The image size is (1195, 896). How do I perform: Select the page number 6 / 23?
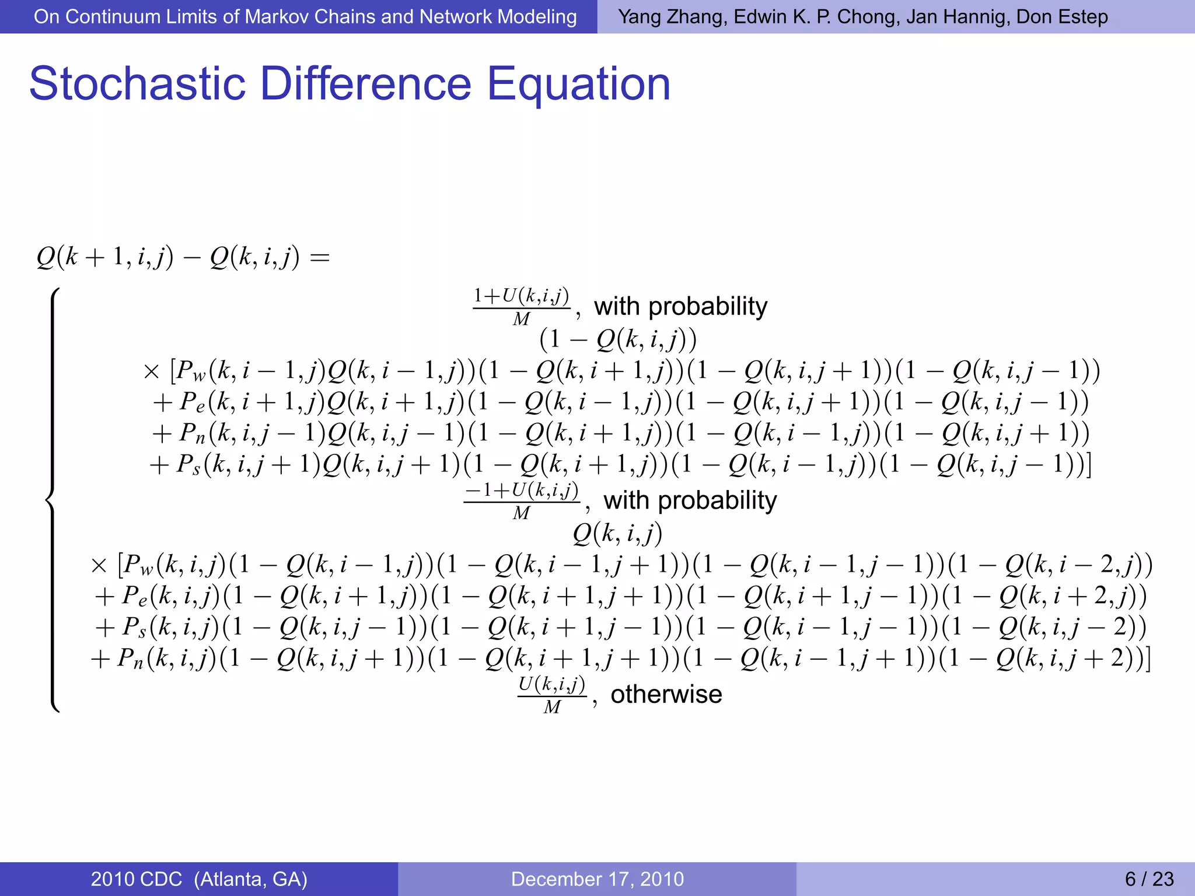click(x=1149, y=878)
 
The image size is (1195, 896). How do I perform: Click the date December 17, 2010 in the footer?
click(x=597, y=878)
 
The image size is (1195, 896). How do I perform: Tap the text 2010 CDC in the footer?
click(x=137, y=878)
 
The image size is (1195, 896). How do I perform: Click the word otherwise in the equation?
click(x=666, y=694)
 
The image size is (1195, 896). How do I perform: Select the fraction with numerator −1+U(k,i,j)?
click(x=522, y=501)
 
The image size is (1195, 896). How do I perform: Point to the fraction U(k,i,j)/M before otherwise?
click(x=552, y=695)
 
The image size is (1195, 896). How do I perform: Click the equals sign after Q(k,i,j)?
click(x=320, y=257)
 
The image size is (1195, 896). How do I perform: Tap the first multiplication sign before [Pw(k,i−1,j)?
click(x=151, y=371)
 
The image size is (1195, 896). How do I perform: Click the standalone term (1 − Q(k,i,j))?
click(x=618, y=339)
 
